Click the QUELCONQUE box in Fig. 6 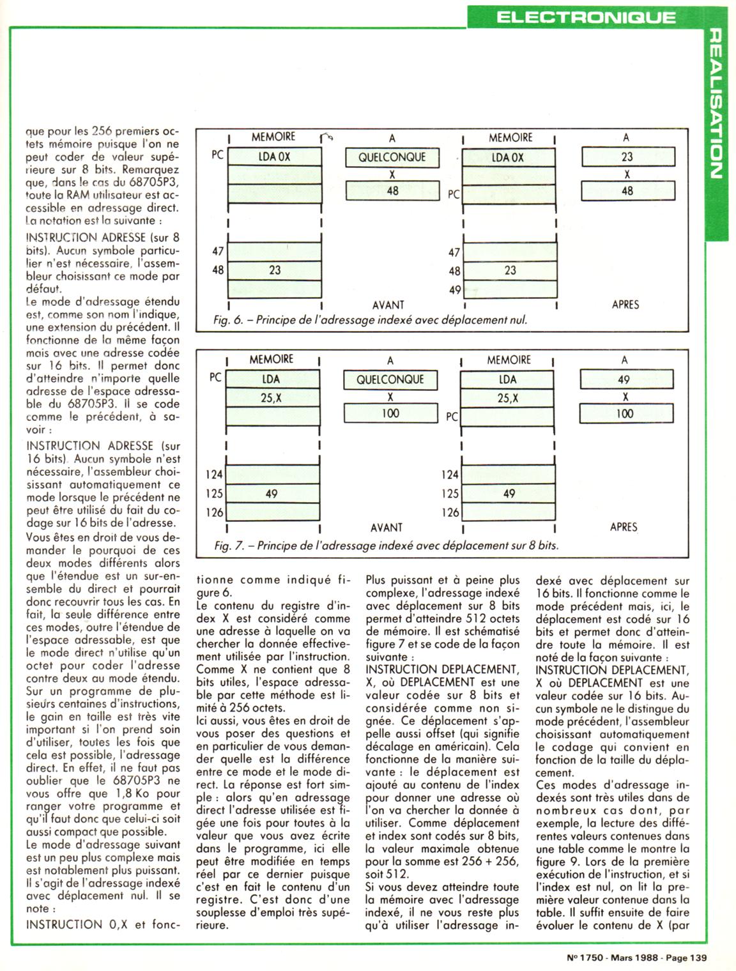[392, 157]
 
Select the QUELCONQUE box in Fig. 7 [390, 379]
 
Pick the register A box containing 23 [627, 157]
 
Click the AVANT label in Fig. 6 [388, 305]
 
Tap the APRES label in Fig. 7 [624, 527]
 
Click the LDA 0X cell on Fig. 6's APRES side [509, 157]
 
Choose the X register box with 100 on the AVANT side [390, 413]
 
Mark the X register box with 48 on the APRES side [627, 191]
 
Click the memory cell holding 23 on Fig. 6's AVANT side [275, 270]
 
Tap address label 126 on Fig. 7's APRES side [450, 512]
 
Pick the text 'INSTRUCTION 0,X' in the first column [64, 924]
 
